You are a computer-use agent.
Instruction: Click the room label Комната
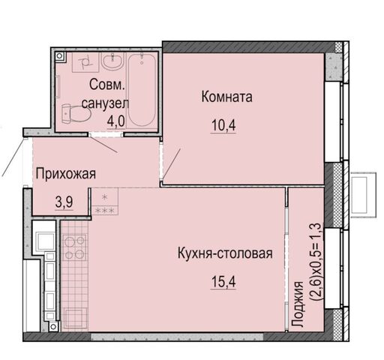tap(226, 97)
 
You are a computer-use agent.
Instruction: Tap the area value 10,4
tap(223, 125)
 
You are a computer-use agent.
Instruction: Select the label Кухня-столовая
tap(225, 253)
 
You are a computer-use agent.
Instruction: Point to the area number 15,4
tap(223, 282)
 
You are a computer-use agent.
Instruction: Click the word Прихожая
tap(66, 174)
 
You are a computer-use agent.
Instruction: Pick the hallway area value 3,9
tap(64, 202)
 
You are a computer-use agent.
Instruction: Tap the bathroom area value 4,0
tap(115, 121)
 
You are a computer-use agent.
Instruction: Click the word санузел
tap(105, 103)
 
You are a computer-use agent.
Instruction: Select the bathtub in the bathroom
tap(142, 91)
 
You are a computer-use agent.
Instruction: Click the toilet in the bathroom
tap(76, 114)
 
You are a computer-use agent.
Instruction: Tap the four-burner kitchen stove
tap(74, 247)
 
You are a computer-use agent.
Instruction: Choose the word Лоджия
tap(298, 304)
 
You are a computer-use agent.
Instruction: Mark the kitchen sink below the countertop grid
tap(76, 318)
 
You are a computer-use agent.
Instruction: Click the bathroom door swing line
tap(103, 144)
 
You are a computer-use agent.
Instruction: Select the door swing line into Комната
tap(172, 163)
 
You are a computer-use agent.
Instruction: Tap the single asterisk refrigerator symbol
tap(105, 197)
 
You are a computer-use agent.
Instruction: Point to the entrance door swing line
tap(13, 157)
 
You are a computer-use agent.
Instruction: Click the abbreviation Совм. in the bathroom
tap(107, 85)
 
